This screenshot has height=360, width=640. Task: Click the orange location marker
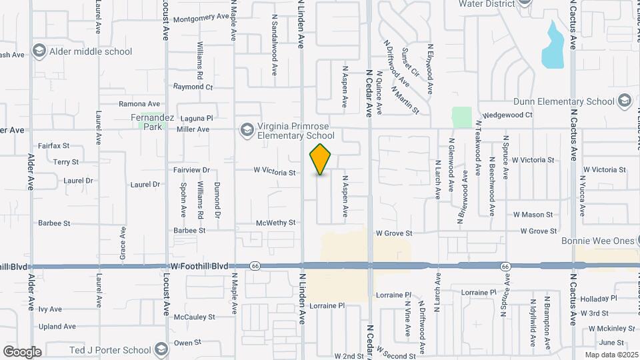321,159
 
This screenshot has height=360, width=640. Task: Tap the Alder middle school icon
39,51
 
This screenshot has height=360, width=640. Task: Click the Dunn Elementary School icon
624,101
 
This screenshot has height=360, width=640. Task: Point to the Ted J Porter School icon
161,349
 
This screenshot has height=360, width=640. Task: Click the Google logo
22,351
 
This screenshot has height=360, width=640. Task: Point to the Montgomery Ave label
201,18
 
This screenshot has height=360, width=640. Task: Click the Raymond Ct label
193,87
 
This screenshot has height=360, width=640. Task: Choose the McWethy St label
275,223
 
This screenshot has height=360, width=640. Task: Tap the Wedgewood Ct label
507,115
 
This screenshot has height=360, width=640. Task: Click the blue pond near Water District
553,47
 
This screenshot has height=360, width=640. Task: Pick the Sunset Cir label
410,62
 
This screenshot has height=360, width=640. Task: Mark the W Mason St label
533,215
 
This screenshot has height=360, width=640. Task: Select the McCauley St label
194,317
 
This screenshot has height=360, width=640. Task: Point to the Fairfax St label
54,145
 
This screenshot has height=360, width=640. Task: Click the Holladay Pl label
599,298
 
